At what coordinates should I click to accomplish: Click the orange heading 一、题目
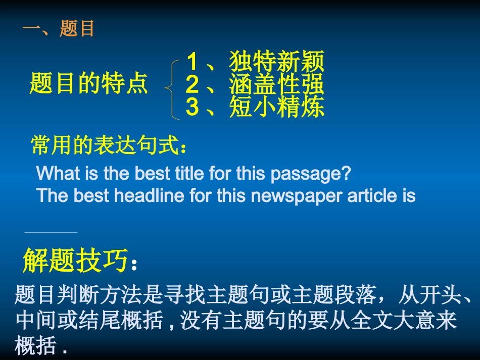click(59, 29)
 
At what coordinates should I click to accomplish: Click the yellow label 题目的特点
click(89, 83)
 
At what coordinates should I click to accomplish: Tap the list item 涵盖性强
click(276, 85)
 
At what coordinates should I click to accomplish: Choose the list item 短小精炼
click(276, 107)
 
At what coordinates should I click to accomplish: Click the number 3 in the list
click(192, 107)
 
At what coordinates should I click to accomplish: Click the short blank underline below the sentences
click(51, 233)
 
